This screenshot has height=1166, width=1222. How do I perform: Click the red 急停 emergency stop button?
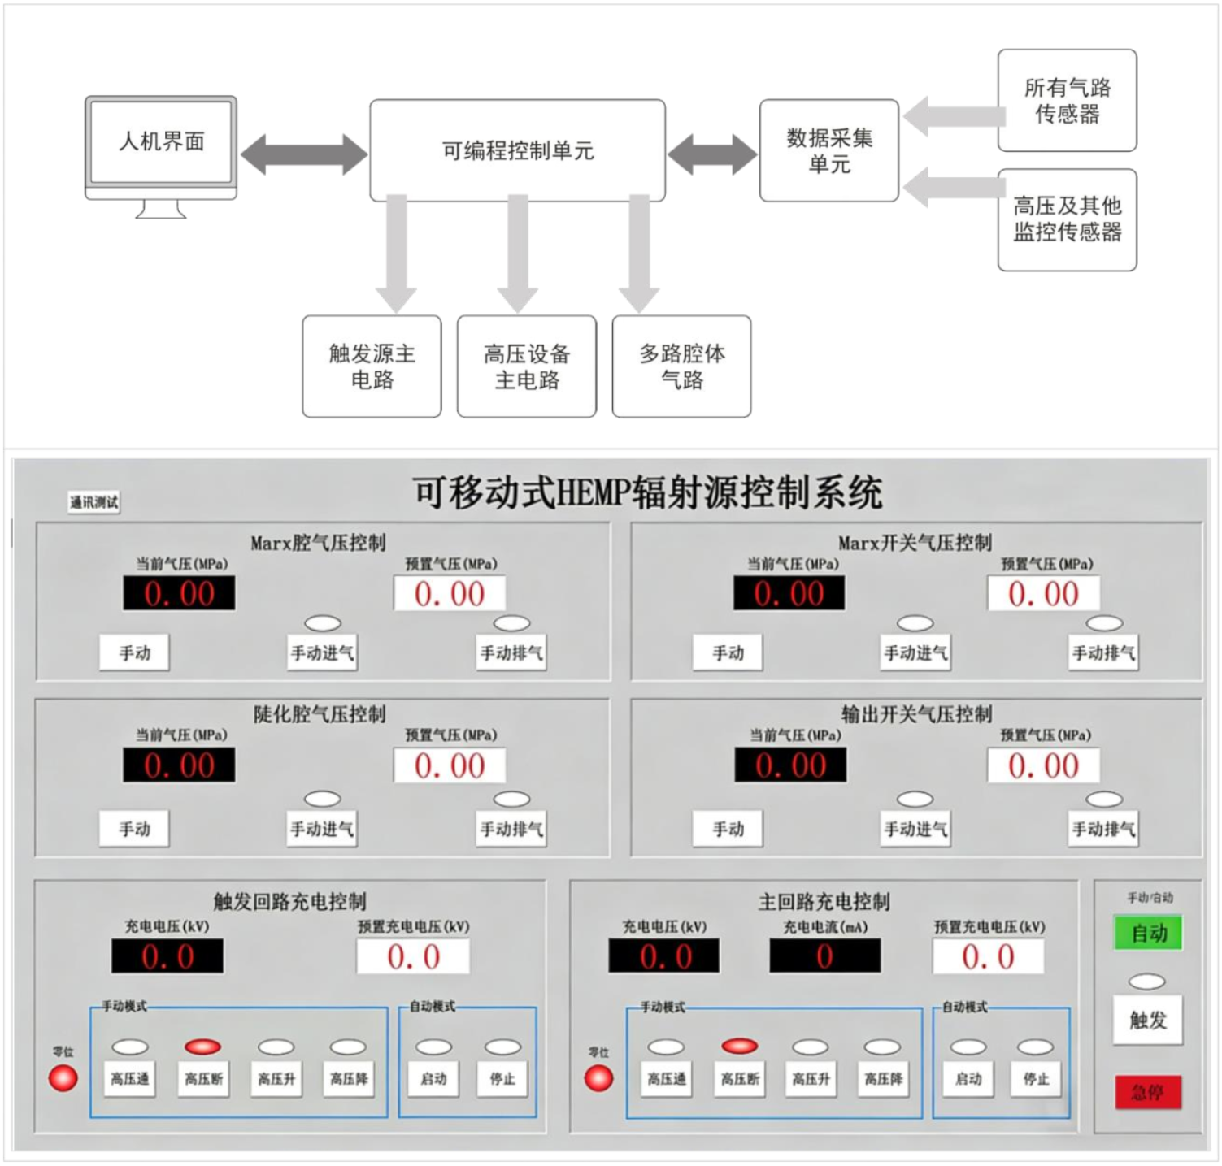(1147, 1092)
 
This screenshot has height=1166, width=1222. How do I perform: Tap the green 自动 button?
(1148, 934)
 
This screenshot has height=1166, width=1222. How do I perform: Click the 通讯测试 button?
(93, 502)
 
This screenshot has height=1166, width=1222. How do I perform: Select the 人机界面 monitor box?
(161, 142)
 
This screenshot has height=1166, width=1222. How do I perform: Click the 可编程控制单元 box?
(517, 150)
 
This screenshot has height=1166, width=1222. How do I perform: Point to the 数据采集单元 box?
(828, 150)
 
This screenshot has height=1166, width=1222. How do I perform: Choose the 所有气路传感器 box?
(1067, 101)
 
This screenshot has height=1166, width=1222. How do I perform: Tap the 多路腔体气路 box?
(681, 366)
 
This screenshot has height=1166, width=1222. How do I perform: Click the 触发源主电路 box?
(372, 366)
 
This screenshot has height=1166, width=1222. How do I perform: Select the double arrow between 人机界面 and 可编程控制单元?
(304, 154)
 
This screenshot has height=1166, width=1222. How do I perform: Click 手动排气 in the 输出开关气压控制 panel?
(1103, 829)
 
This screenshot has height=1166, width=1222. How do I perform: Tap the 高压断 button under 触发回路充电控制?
(203, 1078)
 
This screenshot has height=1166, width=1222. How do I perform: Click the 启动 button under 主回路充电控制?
(968, 1078)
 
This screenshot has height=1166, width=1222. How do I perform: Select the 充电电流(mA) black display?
(824, 956)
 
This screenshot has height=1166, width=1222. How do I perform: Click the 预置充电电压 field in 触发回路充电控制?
(413, 956)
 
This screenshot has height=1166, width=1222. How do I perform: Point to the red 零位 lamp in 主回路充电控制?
(599, 1078)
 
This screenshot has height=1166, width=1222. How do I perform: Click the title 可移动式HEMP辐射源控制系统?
(648, 492)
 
